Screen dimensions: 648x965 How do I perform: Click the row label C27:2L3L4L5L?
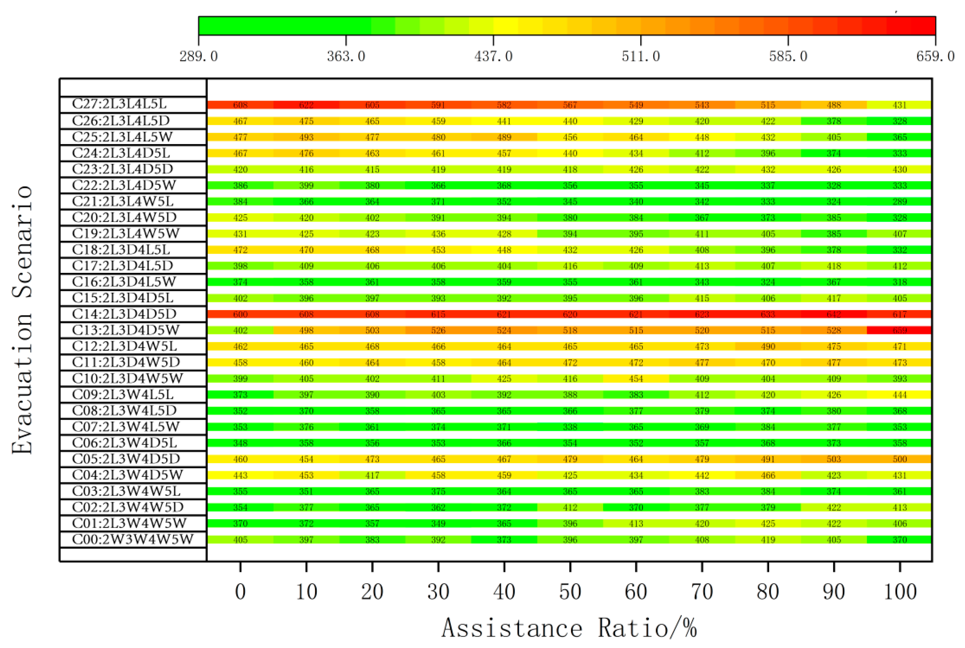(119, 104)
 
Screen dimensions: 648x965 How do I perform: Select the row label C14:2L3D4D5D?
(124, 314)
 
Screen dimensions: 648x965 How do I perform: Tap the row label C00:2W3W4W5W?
(132, 539)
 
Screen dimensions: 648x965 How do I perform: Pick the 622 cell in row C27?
(306, 105)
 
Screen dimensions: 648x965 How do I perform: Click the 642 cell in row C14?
(834, 314)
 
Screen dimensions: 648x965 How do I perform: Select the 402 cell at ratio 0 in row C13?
(240, 330)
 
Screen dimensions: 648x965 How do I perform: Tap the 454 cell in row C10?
(636, 378)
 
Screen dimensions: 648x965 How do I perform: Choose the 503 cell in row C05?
(834, 459)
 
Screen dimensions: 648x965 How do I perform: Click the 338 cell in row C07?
(570, 427)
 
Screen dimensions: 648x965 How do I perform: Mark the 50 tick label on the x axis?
(570, 592)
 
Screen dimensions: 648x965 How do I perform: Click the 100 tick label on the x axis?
(900, 592)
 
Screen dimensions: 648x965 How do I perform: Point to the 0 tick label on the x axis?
(240, 592)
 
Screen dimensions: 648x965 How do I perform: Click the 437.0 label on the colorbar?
(493, 56)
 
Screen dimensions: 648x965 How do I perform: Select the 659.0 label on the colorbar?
(935, 56)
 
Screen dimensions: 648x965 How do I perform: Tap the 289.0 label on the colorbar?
(199, 56)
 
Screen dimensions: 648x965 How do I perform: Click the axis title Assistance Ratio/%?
(569, 628)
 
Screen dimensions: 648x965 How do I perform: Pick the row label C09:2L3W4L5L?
(122, 395)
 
